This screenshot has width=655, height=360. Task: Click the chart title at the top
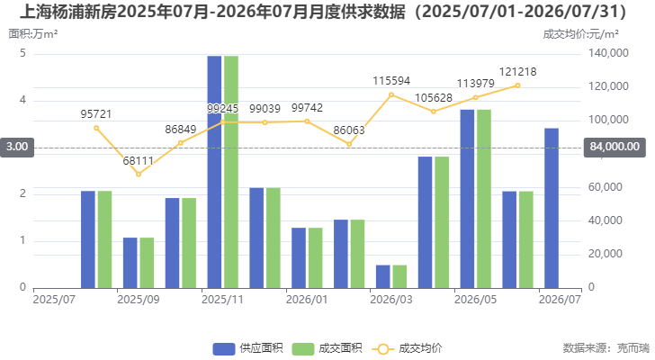coord(323,12)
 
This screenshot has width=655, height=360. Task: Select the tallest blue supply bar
coord(214,172)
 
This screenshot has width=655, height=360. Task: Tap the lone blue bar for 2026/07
coord(552,208)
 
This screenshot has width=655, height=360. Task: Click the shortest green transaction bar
coord(399,276)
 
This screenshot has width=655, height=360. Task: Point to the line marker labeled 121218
coord(517,85)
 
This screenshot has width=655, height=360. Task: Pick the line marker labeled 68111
coord(139,175)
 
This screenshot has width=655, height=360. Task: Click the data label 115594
coord(391,81)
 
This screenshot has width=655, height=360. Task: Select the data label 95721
coord(96,114)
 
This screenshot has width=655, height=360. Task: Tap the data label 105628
coord(434,98)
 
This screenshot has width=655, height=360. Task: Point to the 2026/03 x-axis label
coord(391,300)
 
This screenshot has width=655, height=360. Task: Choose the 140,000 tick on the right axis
coord(608,53)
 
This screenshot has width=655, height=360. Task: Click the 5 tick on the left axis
coord(23,53)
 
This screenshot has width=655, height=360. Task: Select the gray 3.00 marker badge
coord(17,147)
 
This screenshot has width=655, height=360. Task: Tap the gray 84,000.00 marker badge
coord(615,147)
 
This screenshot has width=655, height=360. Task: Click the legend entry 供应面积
coord(247,348)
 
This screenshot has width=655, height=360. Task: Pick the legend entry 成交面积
coord(327,348)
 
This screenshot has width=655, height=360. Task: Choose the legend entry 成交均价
coord(407,348)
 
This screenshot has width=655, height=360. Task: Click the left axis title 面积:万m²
coord(33,34)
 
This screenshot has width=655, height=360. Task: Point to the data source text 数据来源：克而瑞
coord(606,348)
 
